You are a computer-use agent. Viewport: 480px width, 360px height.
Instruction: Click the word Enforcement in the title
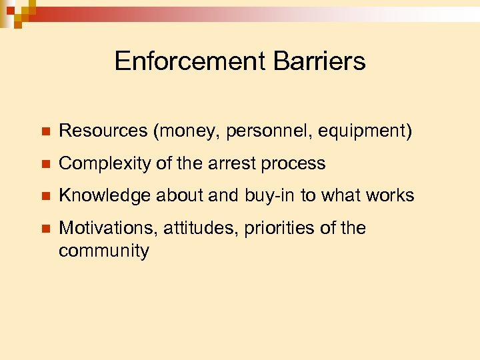(x=190, y=61)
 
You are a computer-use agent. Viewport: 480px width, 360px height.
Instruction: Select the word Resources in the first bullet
(x=103, y=131)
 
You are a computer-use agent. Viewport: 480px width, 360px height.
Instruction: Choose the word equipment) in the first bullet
(x=365, y=132)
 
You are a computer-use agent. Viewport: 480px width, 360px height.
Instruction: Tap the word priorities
(x=277, y=228)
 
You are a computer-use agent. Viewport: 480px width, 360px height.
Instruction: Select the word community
(x=103, y=251)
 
